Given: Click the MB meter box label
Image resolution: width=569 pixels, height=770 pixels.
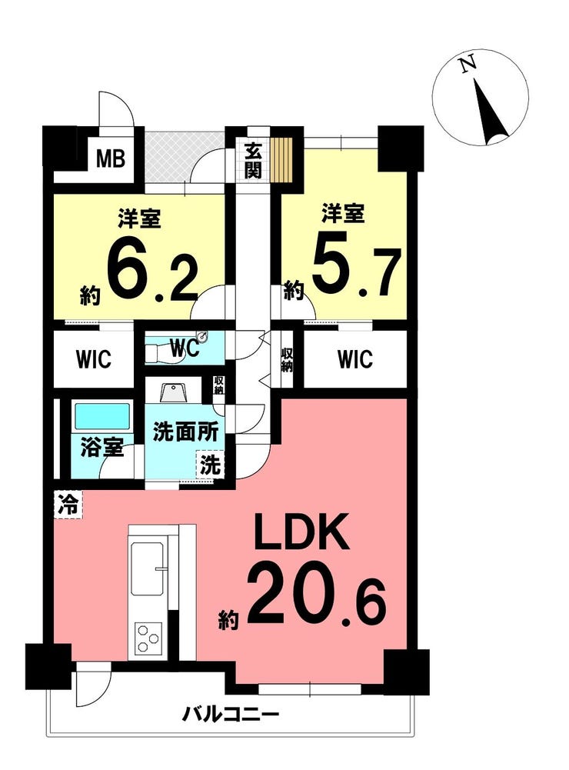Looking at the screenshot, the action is coord(111,158).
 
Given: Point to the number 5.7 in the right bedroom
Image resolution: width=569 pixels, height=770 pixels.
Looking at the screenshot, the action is coord(355,271).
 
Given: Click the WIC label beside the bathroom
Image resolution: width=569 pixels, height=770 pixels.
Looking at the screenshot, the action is coord(94,359).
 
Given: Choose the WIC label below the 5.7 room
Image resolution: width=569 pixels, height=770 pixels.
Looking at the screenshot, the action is coord(355,359).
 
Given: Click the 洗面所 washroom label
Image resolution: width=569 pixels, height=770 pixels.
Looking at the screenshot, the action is coord(185,432).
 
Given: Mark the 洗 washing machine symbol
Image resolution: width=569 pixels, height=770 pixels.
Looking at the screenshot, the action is coord(211,464).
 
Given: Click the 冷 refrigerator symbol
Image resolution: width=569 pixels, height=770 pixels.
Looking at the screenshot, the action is coord(68,504).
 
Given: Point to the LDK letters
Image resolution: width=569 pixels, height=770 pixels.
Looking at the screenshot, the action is coord(301,532).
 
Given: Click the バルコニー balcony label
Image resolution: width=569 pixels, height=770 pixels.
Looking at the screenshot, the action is coord(231,714).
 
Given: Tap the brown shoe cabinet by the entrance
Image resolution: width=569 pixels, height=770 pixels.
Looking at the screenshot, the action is coord(281,158).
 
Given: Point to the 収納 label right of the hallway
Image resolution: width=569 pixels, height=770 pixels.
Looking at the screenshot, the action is coord(287,360).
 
